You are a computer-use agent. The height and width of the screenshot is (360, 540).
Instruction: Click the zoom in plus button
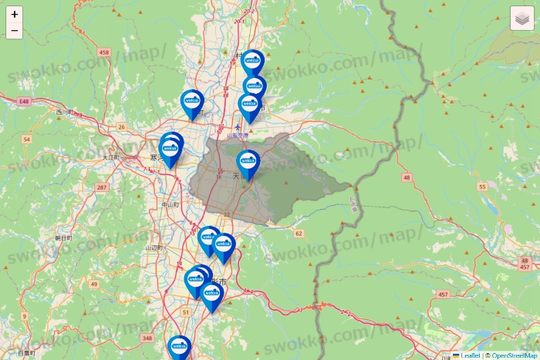click(x=15, y=15)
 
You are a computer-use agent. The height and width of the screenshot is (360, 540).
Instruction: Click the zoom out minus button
click(x=15, y=32)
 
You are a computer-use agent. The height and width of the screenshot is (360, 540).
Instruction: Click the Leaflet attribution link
click(x=470, y=355)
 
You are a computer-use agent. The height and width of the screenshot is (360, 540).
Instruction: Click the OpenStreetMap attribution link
click(x=515, y=355)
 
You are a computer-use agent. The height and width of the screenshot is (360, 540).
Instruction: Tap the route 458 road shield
click(x=105, y=52)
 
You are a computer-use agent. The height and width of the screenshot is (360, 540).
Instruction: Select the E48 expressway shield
click(x=25, y=101)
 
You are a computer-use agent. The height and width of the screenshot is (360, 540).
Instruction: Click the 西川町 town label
click(x=63, y=113)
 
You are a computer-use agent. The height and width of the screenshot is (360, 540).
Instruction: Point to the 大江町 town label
click(x=112, y=157)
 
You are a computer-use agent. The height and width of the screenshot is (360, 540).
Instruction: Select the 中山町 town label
click(x=170, y=204)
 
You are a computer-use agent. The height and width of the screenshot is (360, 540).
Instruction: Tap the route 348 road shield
click(x=147, y=338)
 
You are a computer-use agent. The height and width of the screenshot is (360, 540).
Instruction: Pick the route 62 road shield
click(x=299, y=233)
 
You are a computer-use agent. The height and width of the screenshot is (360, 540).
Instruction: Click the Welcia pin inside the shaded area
click(x=248, y=163)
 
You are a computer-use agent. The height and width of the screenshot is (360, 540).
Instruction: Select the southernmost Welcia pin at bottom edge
click(x=179, y=348)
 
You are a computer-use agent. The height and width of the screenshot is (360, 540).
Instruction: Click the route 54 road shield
click(x=27, y=140)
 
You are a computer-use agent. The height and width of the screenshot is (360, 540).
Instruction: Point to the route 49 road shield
click(x=93, y=284)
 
